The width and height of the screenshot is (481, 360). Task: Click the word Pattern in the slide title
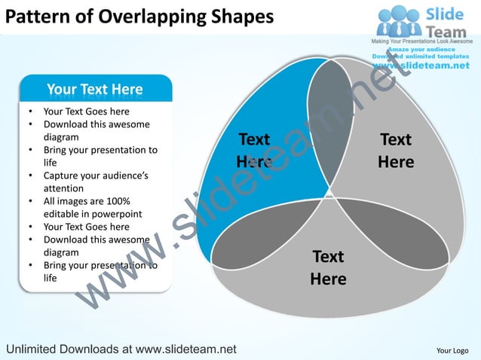pyautogui.click(x=31, y=17)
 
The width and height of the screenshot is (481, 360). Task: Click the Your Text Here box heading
pyautogui.click(x=95, y=90)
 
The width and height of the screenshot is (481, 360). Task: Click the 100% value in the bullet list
pyautogui.click(x=115, y=201)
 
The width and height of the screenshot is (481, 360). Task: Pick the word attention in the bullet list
pyautogui.click(x=66, y=188)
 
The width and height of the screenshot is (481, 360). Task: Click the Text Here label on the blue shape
pyautogui.click(x=253, y=151)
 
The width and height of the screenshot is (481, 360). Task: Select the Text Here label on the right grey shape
pyautogui.click(x=396, y=151)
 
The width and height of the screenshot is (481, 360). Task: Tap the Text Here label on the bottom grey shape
pyautogui.click(x=328, y=267)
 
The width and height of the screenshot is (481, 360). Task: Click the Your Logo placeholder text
pyautogui.click(x=452, y=350)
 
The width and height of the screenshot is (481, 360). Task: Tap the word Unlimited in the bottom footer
pyautogui.click(x=36, y=349)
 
